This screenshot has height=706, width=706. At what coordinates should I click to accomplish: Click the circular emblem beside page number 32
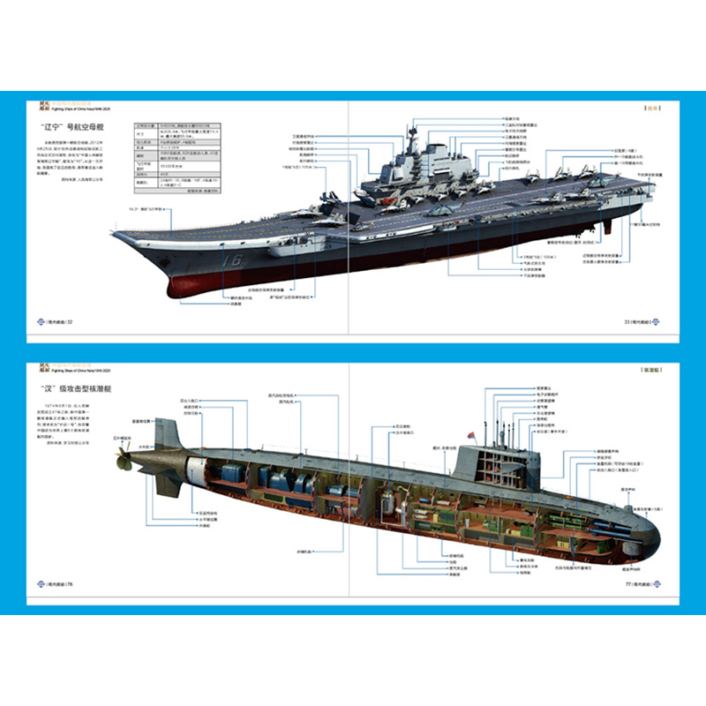40,321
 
